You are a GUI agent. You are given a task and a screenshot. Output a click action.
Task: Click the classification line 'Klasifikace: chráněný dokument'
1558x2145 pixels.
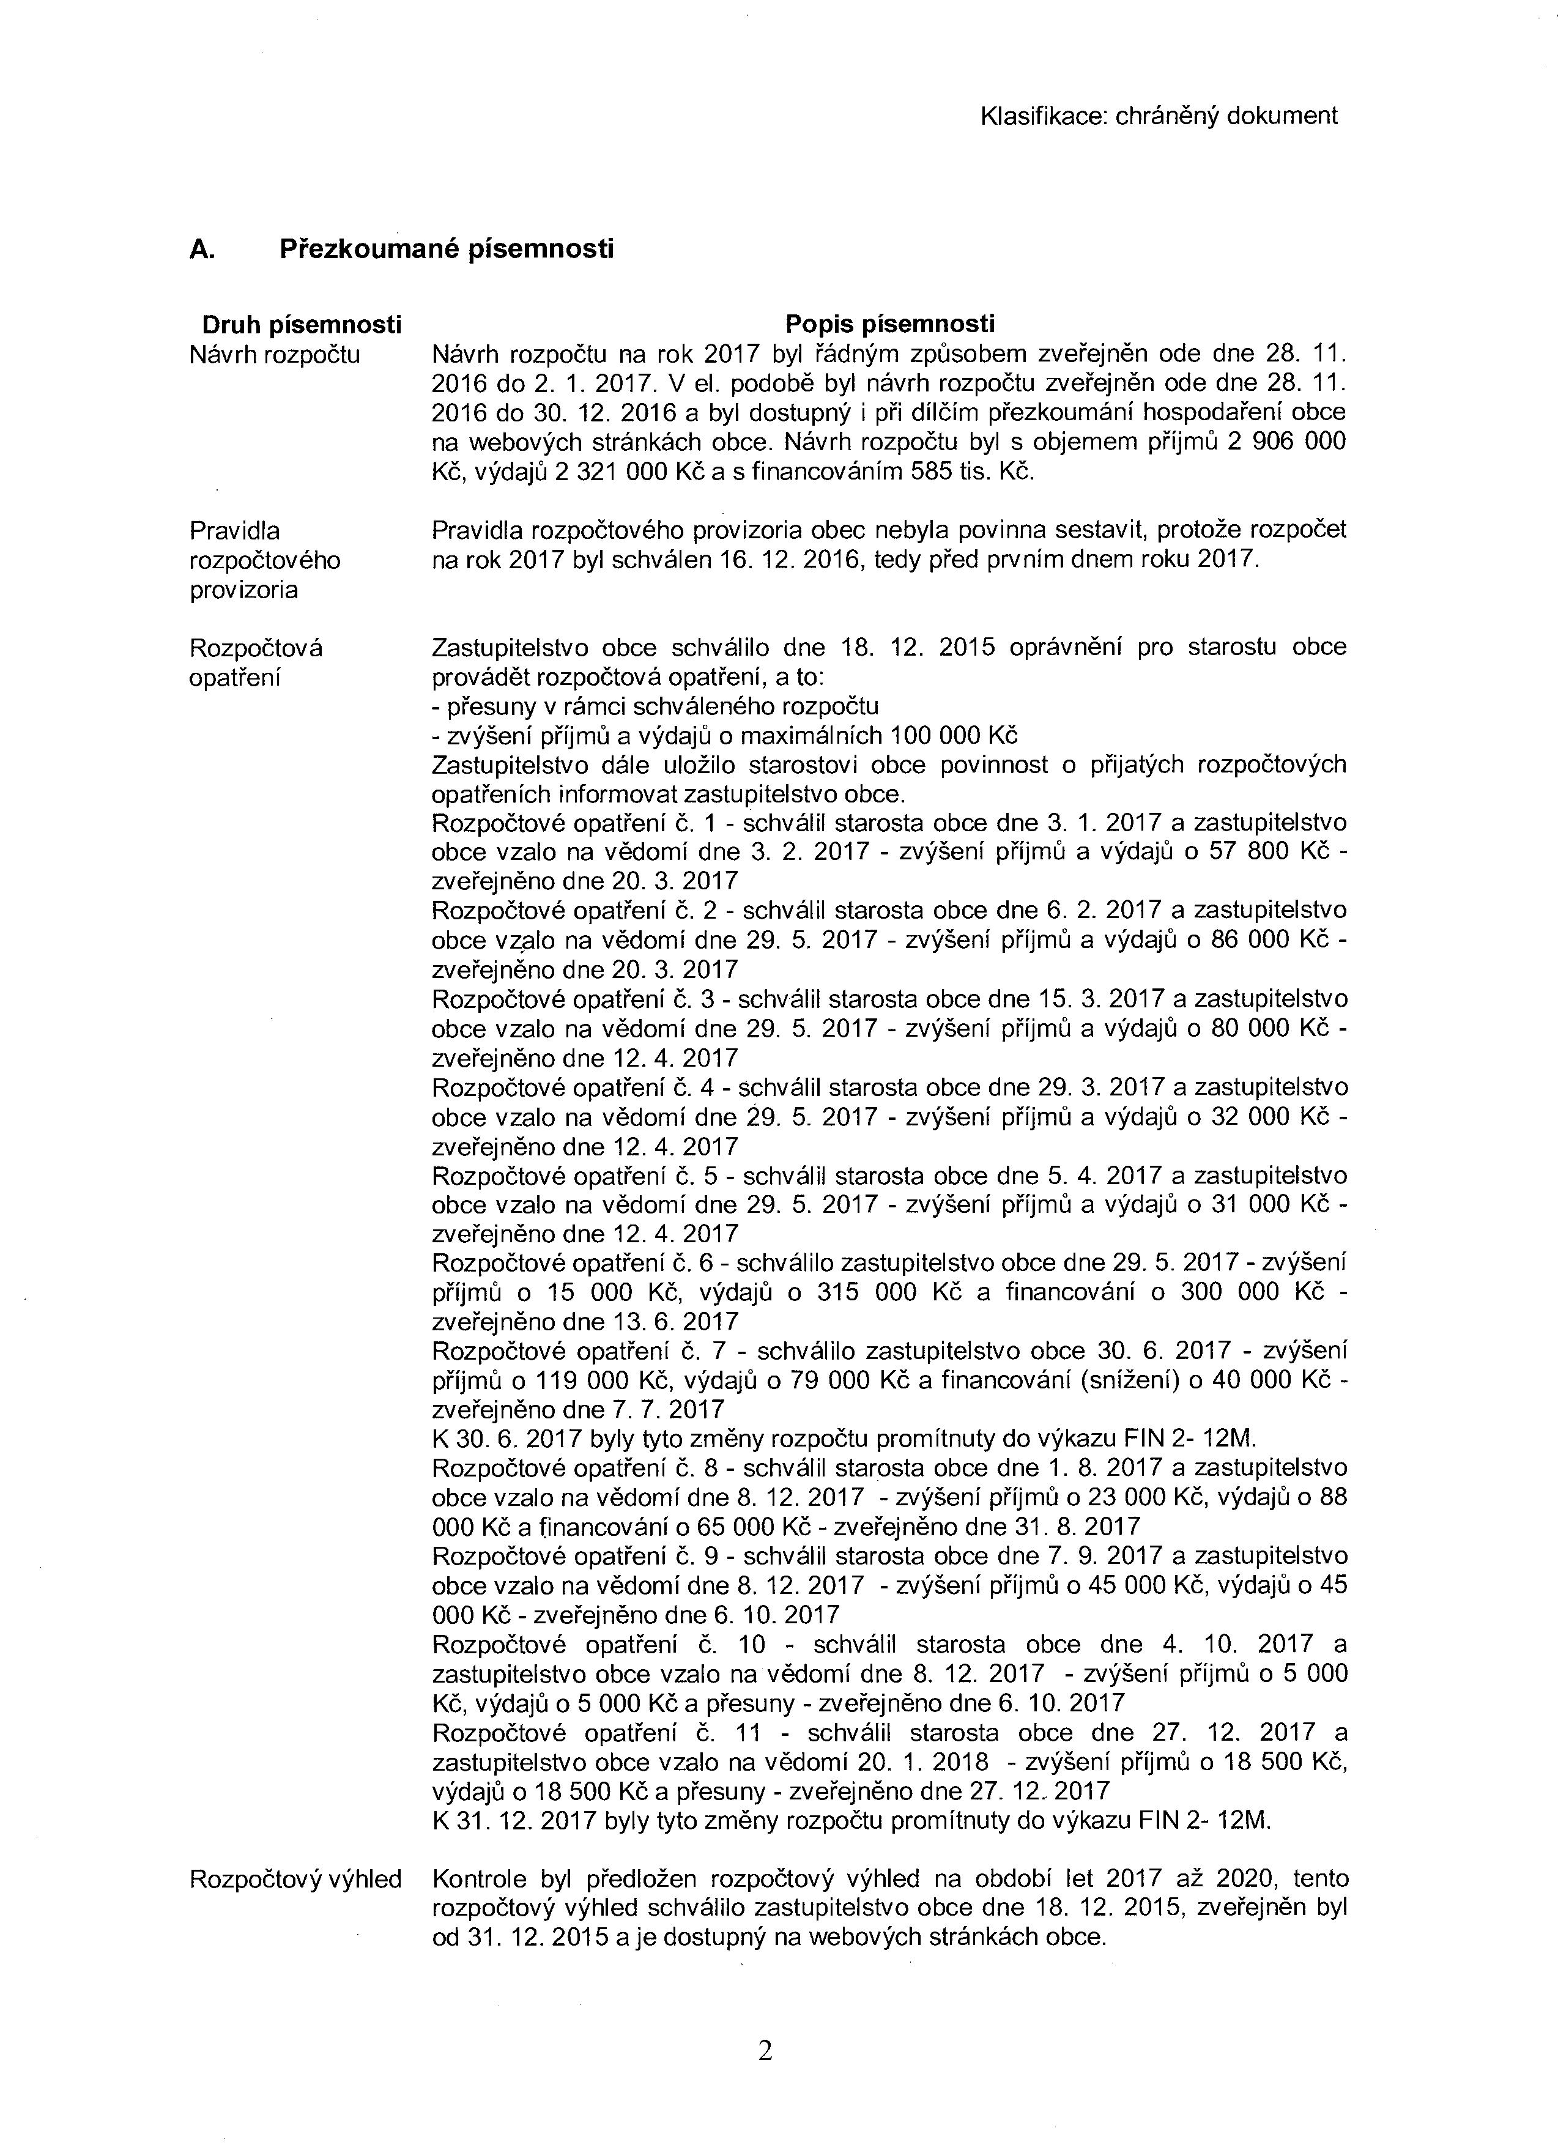pos(1158,116)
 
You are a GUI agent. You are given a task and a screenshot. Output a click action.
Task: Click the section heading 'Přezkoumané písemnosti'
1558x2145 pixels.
pos(447,249)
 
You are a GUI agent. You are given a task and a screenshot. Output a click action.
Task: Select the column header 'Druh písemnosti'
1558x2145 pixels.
pos(301,325)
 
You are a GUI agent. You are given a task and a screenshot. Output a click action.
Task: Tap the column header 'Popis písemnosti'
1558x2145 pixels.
pos(890,324)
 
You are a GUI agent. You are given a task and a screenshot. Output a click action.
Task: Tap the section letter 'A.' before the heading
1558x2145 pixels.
pos(201,250)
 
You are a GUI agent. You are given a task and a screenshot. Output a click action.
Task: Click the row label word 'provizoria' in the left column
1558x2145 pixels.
pos(244,590)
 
